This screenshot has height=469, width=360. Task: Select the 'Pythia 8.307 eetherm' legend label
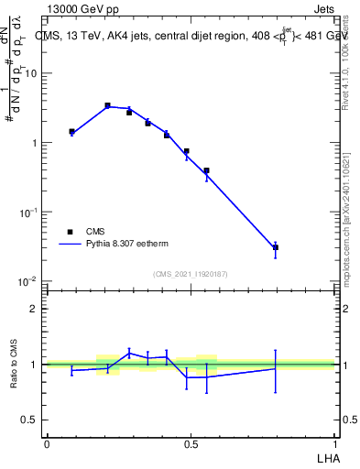(x=129, y=245)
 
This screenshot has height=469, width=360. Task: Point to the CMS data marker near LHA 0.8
(x=275, y=247)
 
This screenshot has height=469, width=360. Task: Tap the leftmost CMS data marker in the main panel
(x=71, y=132)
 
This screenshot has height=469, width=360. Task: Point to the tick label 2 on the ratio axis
(x=34, y=309)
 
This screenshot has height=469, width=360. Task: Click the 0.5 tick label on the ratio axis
(x=29, y=420)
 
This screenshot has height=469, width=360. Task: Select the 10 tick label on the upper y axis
(x=29, y=73)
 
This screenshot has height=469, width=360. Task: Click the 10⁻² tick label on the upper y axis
(x=27, y=281)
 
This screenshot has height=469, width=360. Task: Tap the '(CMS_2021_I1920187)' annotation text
(x=190, y=274)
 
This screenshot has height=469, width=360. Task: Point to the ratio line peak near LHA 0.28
(x=129, y=353)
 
